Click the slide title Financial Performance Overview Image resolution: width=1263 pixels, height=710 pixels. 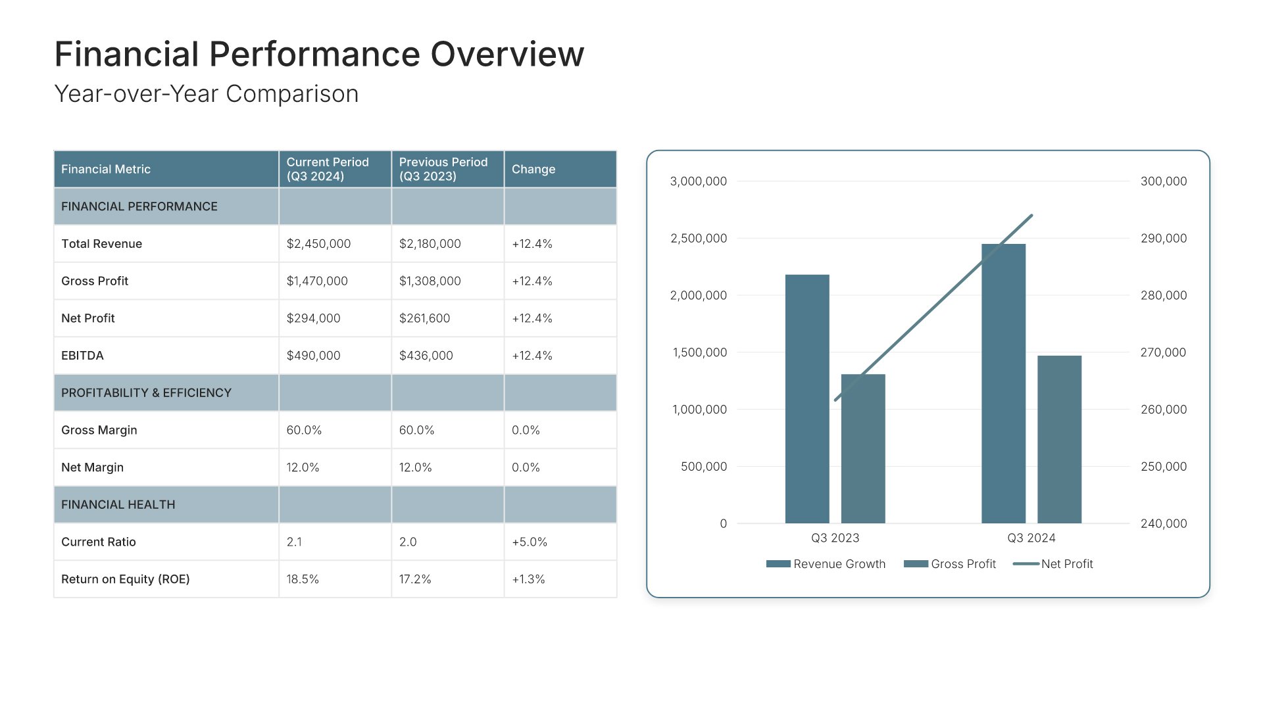click(x=319, y=54)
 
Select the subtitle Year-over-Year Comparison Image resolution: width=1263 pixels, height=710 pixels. click(x=206, y=94)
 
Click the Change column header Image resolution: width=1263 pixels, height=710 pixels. click(x=533, y=169)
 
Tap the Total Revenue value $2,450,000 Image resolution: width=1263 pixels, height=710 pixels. click(x=318, y=244)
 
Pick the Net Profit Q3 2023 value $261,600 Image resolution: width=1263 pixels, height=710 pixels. click(x=424, y=318)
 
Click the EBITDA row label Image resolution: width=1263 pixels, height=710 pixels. click(x=82, y=356)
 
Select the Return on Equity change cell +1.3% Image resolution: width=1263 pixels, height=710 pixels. click(x=528, y=579)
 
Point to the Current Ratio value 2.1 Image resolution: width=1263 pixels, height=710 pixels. click(x=294, y=542)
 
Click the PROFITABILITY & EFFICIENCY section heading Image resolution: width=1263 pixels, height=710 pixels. click(x=146, y=392)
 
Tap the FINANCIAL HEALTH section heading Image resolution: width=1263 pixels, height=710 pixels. click(x=118, y=504)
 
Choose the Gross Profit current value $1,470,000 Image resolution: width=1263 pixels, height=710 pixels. click(x=317, y=281)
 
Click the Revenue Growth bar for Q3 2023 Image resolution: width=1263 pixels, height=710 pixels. click(x=807, y=398)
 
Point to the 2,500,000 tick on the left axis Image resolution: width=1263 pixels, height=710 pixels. click(x=699, y=238)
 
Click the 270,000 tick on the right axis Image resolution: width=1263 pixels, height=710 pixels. click(x=1163, y=352)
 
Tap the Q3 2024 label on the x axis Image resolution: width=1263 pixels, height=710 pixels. click(x=1031, y=538)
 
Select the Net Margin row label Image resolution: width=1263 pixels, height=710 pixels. click(x=92, y=467)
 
